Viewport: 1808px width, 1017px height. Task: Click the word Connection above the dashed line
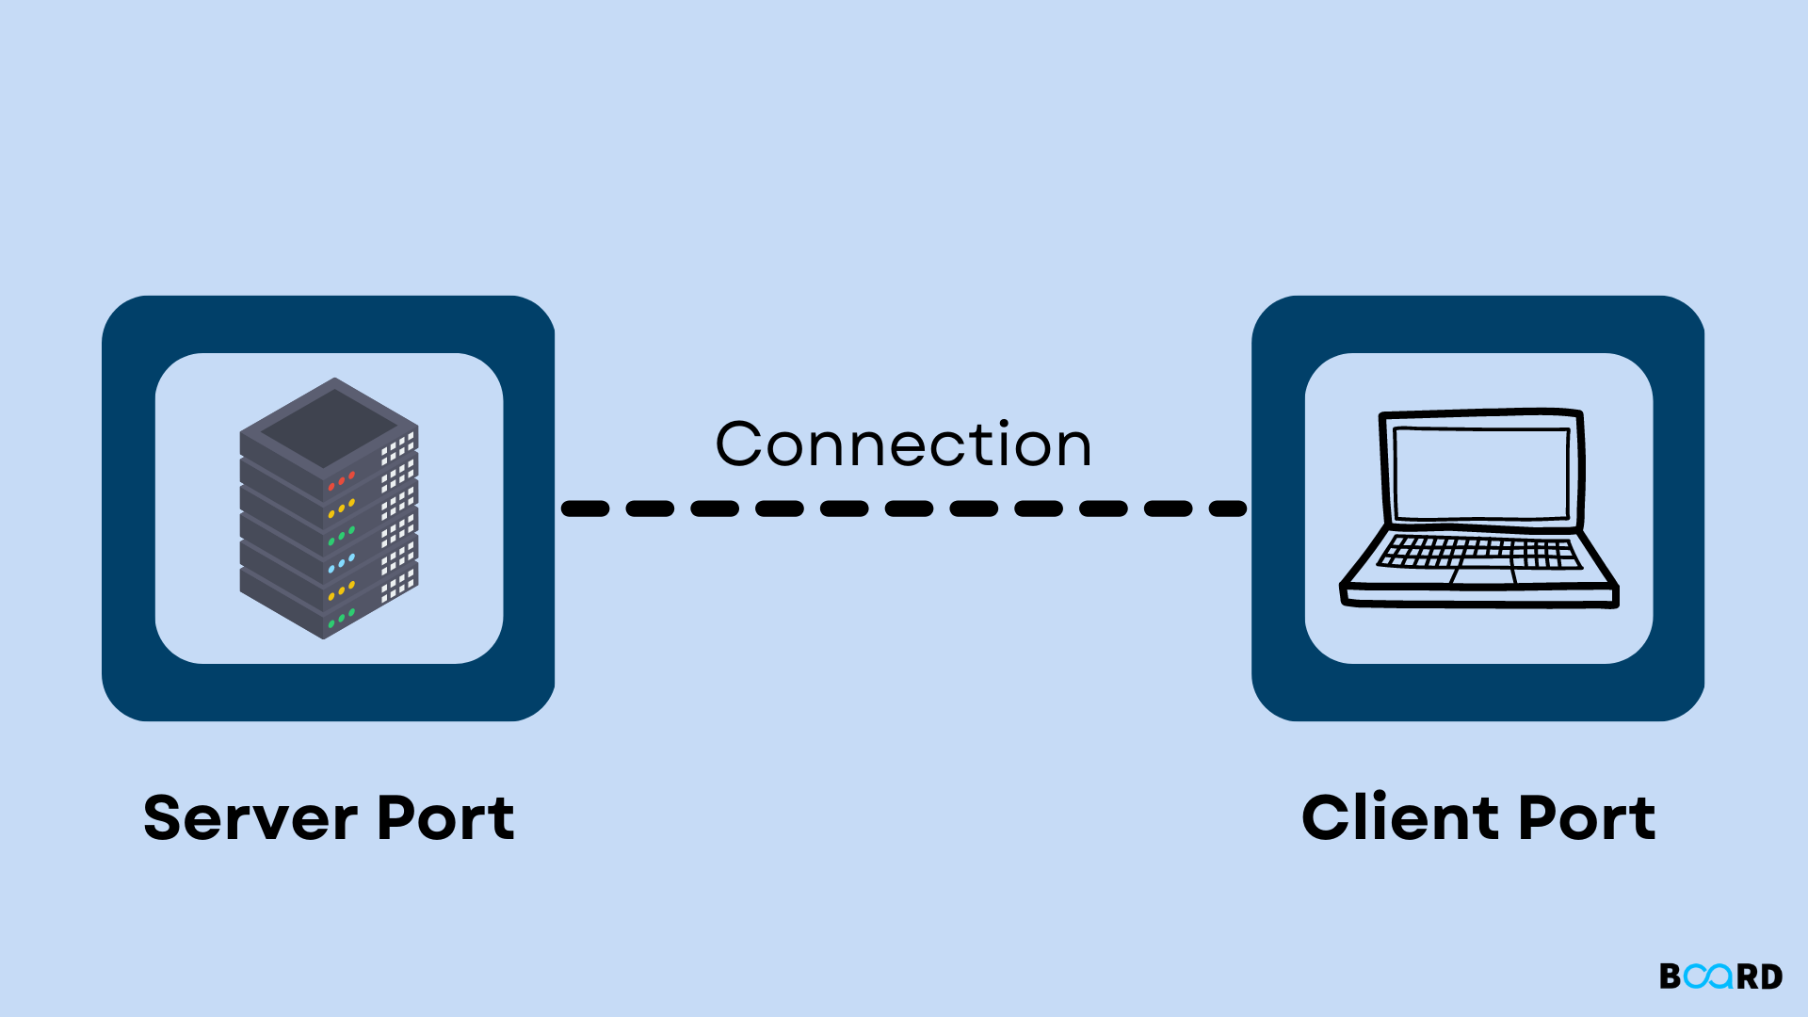click(903, 444)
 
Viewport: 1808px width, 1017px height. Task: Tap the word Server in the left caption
click(250, 817)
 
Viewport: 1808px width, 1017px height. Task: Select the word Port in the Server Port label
click(445, 817)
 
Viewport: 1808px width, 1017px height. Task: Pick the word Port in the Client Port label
click(1587, 817)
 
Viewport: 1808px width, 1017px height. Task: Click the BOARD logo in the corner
click(1720, 977)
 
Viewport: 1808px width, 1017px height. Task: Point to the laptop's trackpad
click(1483, 574)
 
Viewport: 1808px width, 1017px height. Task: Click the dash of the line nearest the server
click(586, 508)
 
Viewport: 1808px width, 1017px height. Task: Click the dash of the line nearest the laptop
click(1227, 508)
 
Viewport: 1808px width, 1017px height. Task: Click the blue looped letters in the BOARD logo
click(1708, 977)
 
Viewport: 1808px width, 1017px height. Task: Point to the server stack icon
click(329, 508)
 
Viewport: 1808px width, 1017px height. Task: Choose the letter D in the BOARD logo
click(1771, 977)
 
